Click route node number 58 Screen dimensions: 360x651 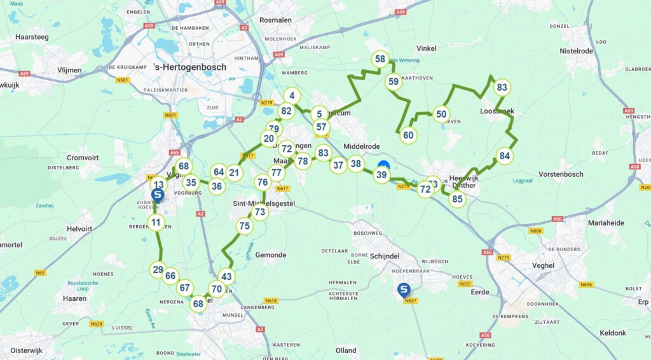point(380,60)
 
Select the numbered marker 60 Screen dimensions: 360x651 point(408,135)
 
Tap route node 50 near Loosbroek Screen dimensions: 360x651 point(441,114)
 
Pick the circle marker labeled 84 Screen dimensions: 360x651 point(504,156)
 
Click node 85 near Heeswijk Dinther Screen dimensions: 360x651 point(456,199)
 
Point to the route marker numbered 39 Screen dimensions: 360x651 point(381,175)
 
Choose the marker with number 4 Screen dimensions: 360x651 point(291,96)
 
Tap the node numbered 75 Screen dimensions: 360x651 point(244,226)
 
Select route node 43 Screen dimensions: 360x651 point(226,277)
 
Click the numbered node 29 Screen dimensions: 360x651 point(158,270)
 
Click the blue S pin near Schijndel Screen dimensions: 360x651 point(404,290)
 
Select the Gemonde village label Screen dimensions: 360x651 point(271,255)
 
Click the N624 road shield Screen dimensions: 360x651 point(97,324)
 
